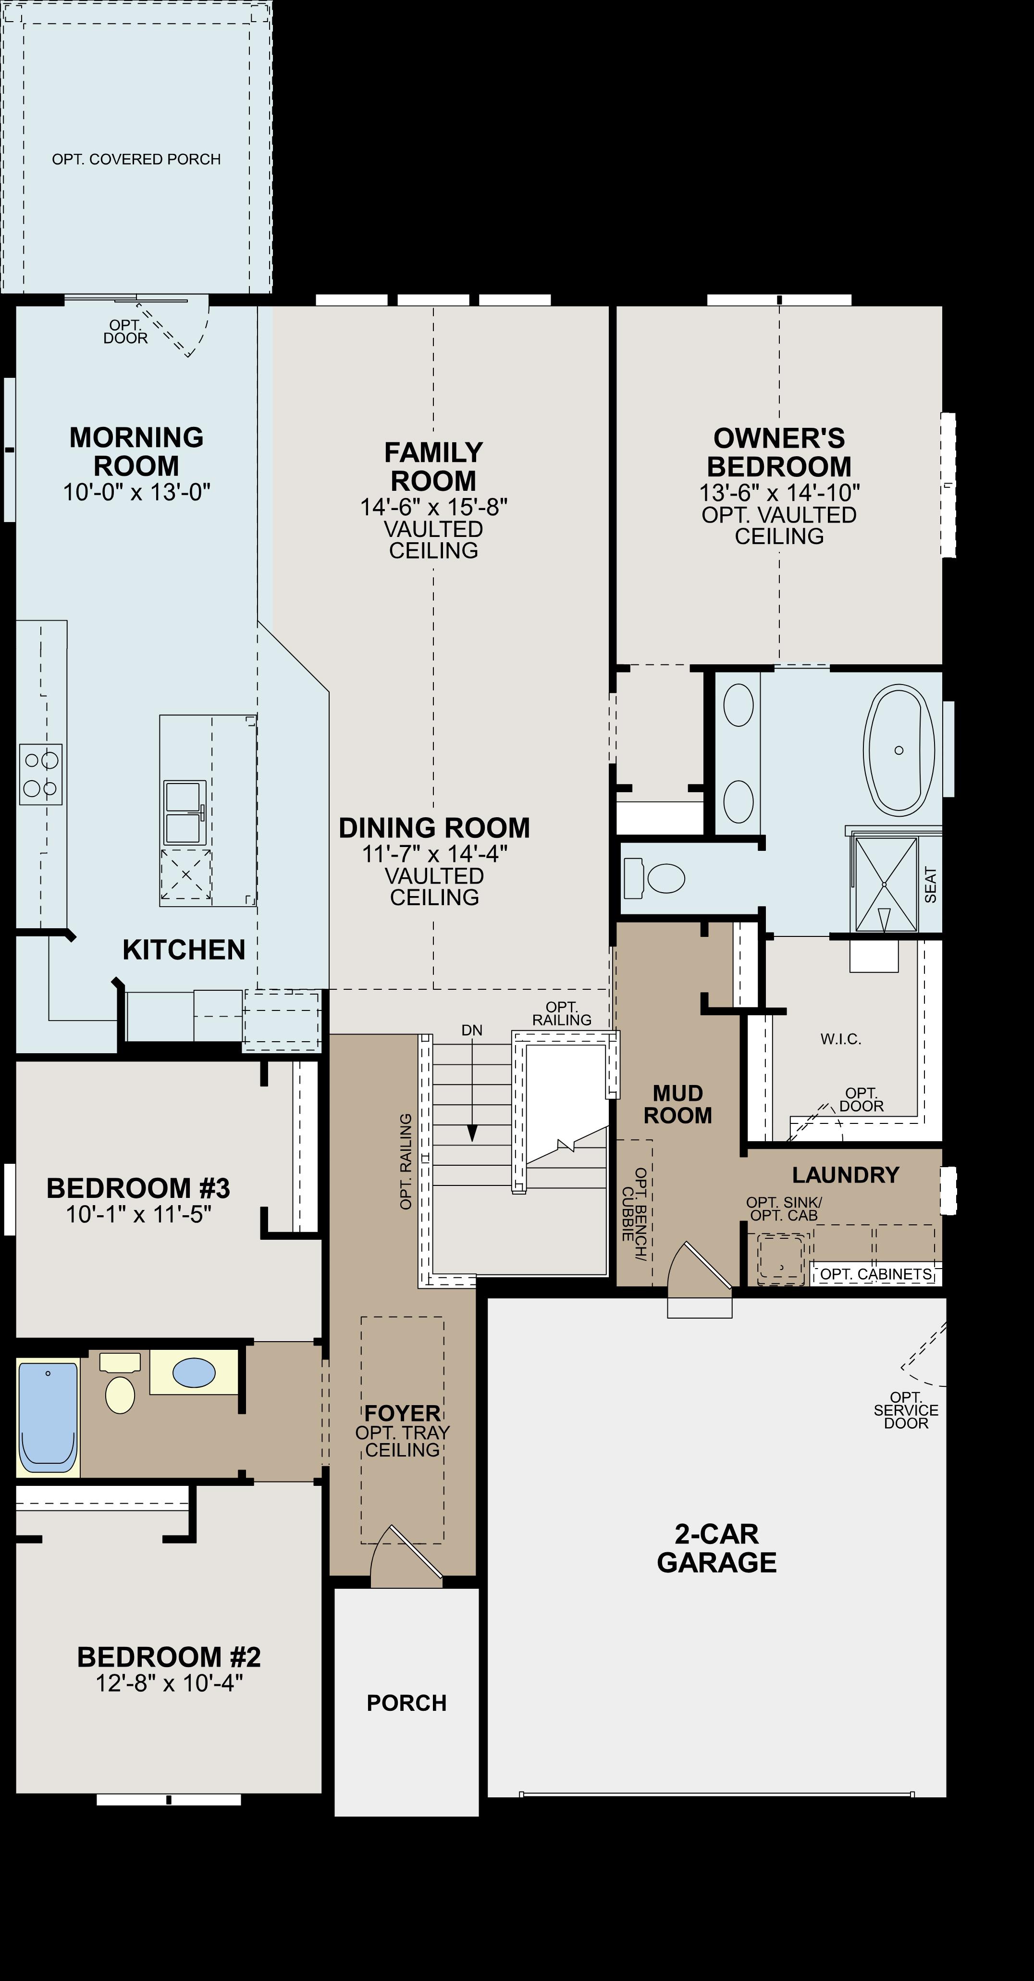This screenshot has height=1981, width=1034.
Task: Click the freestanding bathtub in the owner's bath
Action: coord(899,750)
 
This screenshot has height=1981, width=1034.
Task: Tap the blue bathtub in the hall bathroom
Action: coord(48,1417)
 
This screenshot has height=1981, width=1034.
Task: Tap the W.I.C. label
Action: coord(840,1039)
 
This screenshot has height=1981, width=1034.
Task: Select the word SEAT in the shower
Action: coord(930,885)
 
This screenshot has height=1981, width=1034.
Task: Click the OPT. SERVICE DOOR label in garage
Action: coord(906,1410)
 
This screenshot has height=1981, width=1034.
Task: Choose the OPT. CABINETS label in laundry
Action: coord(875,1274)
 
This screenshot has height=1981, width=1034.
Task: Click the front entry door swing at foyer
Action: coord(406,1557)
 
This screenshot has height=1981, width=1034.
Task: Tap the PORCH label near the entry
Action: coord(406,1703)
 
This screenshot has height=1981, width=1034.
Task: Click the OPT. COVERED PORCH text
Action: coord(136,159)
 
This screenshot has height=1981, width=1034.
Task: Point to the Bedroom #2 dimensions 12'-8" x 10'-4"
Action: coord(169,1683)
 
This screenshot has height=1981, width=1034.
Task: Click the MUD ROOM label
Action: coord(677,1104)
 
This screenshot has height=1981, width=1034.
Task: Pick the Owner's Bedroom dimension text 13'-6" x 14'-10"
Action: coord(779,492)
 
